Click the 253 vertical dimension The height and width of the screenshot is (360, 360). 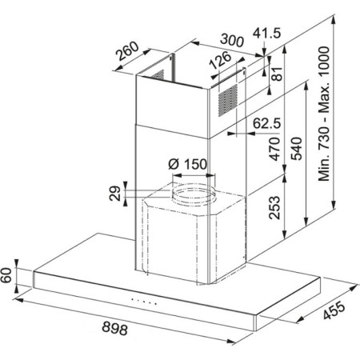click(273, 210)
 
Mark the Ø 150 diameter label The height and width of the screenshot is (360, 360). click(188, 166)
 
